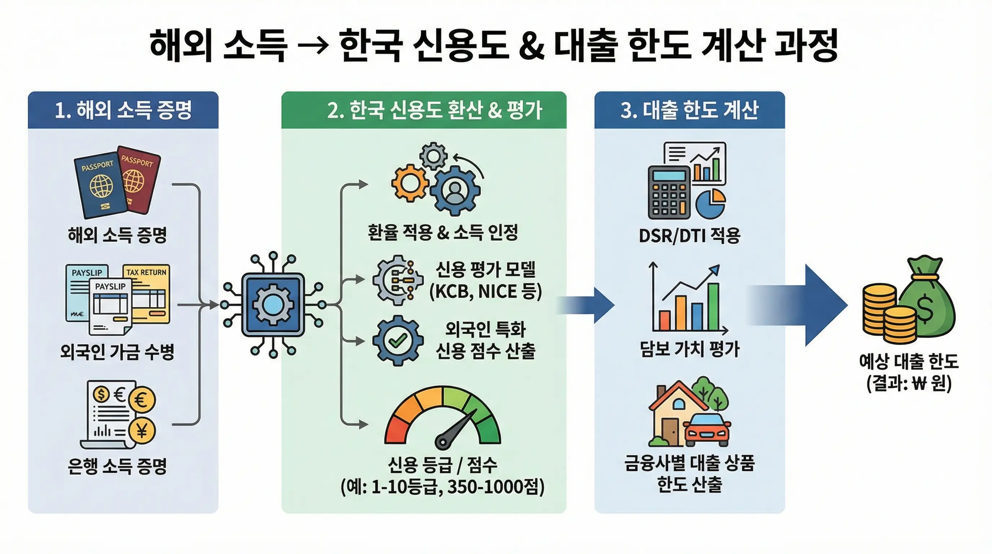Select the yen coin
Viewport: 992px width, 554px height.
[142, 430]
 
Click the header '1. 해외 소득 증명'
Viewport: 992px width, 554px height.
[123, 110]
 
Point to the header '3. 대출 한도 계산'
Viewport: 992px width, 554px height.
[689, 110]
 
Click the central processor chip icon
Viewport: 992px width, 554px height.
[273, 305]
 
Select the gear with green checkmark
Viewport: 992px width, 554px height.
[398, 340]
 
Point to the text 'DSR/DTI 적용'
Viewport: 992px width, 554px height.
[689, 236]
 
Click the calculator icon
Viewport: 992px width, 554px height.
[669, 192]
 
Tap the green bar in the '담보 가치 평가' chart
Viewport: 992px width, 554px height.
[713, 307]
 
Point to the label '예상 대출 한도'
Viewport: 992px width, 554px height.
[908, 361]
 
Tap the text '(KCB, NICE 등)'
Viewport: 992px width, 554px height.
[486, 292]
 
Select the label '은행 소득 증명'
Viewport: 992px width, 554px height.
[117, 466]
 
